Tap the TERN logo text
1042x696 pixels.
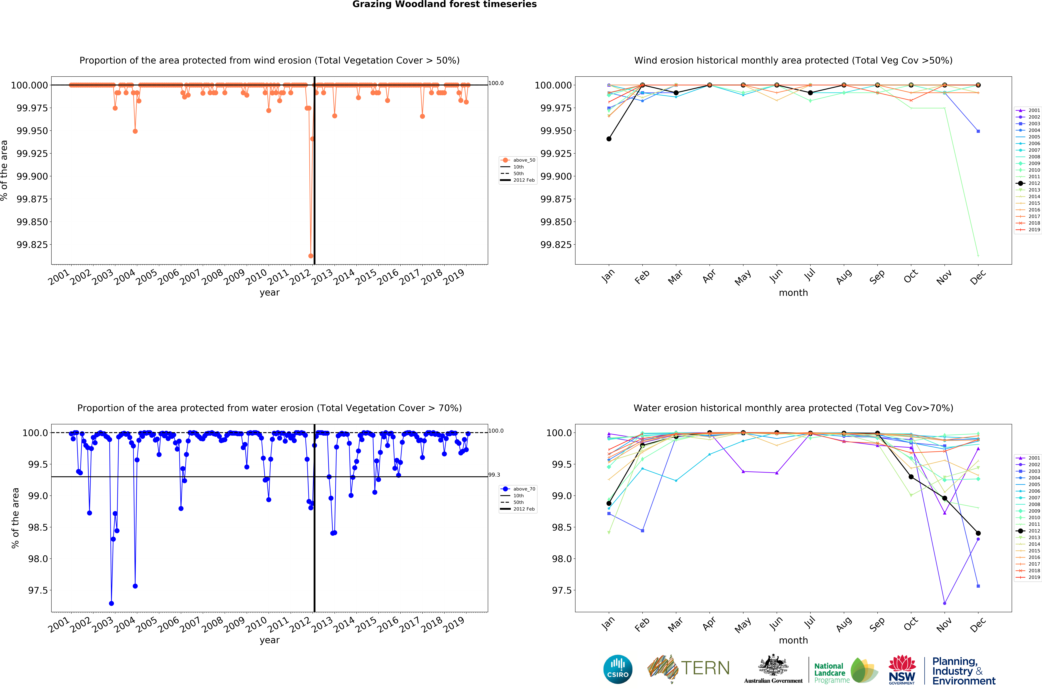point(705,668)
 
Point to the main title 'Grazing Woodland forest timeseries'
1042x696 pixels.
point(444,4)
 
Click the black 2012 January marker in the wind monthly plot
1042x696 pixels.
point(609,139)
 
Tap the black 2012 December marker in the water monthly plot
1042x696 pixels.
point(978,533)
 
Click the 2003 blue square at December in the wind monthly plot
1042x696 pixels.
point(978,131)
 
